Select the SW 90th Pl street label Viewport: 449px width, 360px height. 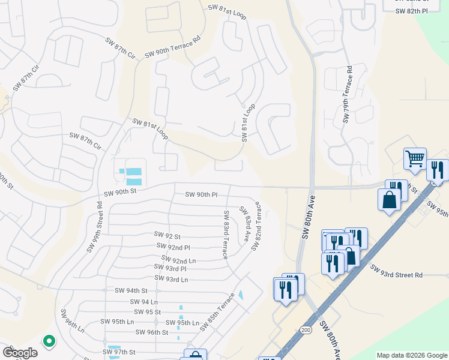(201, 194)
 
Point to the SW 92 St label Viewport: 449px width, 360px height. (167, 235)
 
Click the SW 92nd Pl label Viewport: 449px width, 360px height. (173, 247)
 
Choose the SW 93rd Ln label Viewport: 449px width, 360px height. (171, 279)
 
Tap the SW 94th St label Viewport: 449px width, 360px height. (131, 290)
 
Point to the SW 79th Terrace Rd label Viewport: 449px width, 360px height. (347, 96)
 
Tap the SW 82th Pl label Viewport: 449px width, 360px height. (412, 11)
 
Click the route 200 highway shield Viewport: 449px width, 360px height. (307, 329)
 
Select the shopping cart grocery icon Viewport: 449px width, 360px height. (415, 159)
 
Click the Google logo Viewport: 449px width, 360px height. (20, 353)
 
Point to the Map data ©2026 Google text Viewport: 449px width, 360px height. (411, 355)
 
